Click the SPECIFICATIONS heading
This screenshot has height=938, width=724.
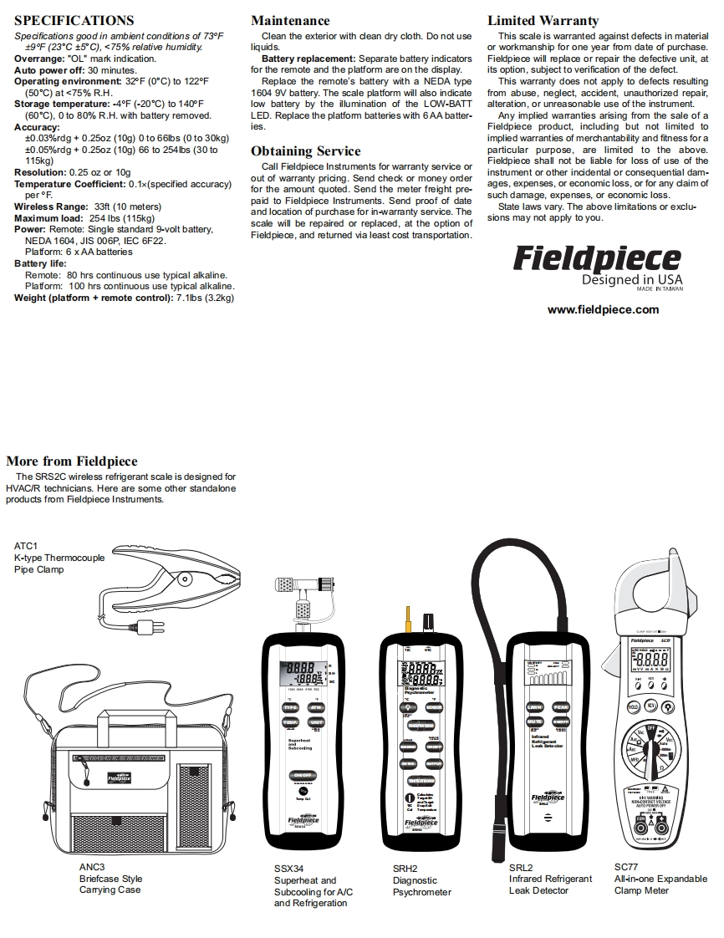coord(74,20)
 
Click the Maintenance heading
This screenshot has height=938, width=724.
coord(290,20)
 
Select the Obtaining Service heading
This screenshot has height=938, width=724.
coord(306,151)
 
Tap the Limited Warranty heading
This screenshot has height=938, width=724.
coord(543,20)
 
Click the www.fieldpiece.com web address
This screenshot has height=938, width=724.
coord(603,309)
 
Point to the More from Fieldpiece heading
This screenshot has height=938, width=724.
coord(72,461)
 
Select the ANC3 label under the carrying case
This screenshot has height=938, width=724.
coord(92,867)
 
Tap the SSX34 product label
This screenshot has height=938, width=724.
coord(289,869)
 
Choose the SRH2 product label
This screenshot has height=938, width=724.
coord(405,869)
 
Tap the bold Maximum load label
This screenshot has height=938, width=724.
coord(48,217)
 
